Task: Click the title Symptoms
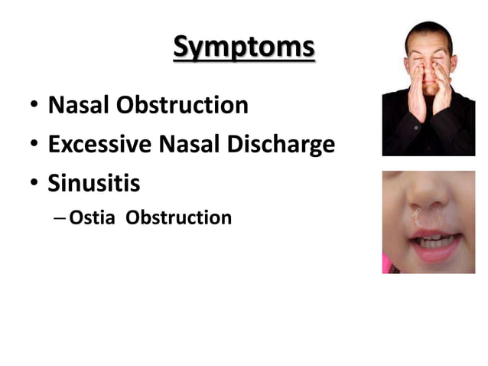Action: pyautogui.click(x=243, y=47)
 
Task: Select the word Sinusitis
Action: pyautogui.click(x=94, y=184)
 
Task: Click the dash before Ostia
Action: pyautogui.click(x=60, y=219)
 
